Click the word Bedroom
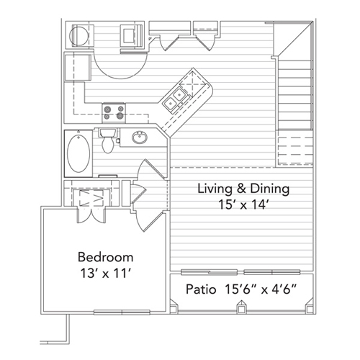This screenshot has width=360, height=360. (106, 257)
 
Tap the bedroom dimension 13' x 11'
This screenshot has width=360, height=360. (105, 273)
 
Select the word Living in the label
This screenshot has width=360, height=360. (215, 189)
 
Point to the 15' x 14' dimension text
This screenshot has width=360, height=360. (243, 204)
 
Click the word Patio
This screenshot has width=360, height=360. (201, 289)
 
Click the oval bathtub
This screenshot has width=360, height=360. (78, 153)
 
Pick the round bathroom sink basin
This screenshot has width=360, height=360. (140, 138)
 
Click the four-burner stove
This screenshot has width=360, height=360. (114, 112)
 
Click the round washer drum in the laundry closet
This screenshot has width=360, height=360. (79, 36)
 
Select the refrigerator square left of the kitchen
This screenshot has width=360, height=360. (78, 68)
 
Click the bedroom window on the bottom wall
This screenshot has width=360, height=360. (122, 312)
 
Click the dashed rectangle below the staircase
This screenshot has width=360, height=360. (295, 150)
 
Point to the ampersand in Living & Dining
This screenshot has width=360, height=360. (241, 189)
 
